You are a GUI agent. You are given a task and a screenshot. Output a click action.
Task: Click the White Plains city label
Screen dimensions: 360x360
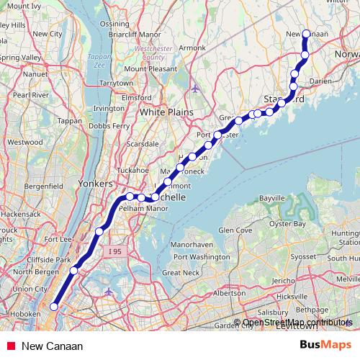(163, 112)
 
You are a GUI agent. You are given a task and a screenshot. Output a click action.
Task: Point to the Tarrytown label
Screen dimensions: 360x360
(116, 83)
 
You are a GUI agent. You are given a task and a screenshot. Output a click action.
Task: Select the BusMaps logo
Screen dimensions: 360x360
(325, 346)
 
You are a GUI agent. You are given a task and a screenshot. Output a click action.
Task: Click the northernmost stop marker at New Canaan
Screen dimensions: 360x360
(306, 34)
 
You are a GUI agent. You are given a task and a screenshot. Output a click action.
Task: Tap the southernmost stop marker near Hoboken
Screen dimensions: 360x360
(53, 306)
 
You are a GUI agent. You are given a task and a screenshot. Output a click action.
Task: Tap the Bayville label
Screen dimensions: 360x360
(272, 197)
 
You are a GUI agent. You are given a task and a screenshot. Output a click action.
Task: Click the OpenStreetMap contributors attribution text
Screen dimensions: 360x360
(292, 323)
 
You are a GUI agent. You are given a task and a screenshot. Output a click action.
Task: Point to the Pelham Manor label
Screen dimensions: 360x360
(134, 207)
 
